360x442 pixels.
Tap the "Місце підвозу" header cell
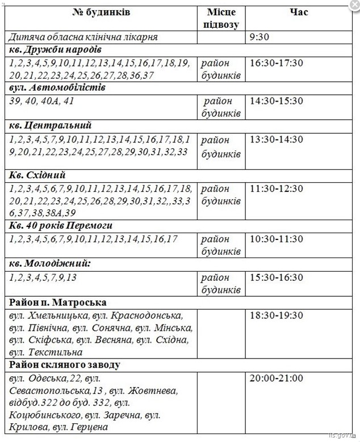coord(220,18)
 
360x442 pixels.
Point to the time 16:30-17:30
coord(276,62)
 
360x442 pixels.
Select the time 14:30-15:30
coord(276,101)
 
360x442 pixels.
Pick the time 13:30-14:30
coord(276,140)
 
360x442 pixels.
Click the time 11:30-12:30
coord(276,188)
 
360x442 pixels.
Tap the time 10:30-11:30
coord(276,239)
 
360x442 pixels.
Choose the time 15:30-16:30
coord(276,277)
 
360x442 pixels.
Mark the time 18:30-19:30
coord(276,315)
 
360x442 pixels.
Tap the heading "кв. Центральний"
coord(50,126)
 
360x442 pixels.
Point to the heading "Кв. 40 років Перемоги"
coord(61,226)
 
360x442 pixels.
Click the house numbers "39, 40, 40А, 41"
coord(41,101)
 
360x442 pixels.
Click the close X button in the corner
coord(353,5)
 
